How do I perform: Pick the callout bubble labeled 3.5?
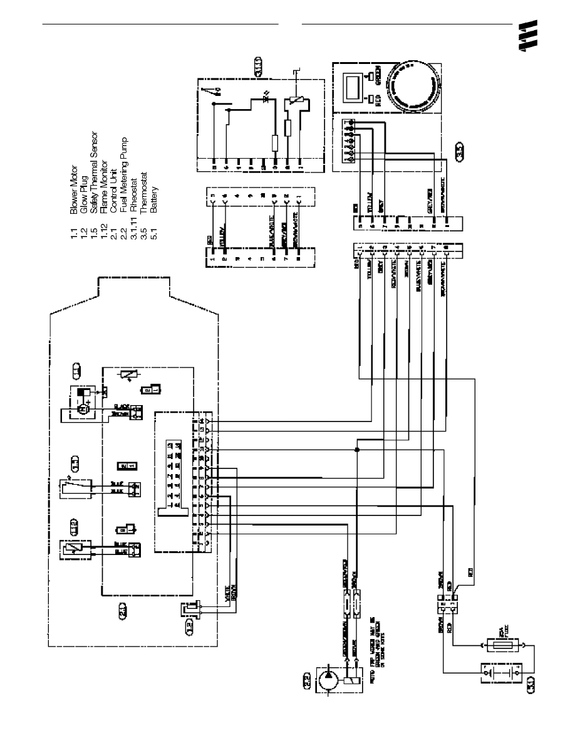pos(459,151)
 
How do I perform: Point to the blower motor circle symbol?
pos(81,409)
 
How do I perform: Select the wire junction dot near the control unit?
pos(356,450)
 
